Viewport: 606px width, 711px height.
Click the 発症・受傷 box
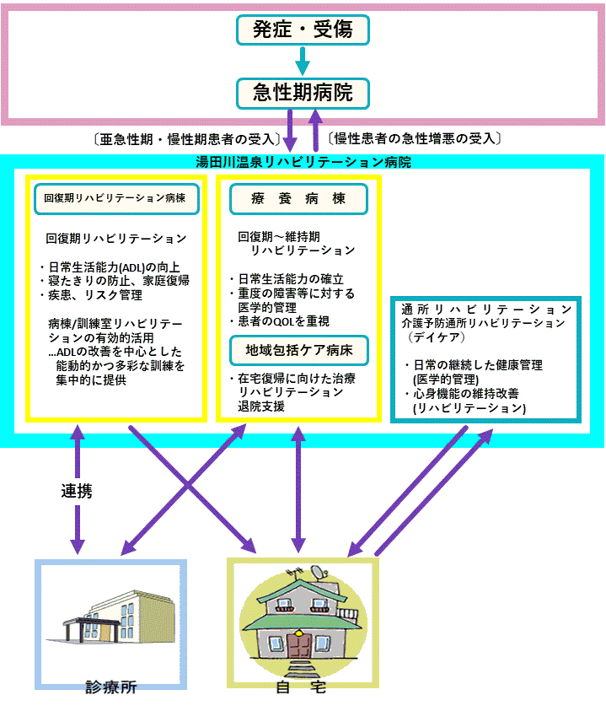(x=303, y=30)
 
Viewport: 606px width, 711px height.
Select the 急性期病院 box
(x=303, y=94)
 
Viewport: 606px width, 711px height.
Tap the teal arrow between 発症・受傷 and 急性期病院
(x=303, y=62)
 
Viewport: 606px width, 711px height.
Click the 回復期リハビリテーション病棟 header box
(x=116, y=198)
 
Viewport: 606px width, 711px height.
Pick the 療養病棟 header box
(x=298, y=199)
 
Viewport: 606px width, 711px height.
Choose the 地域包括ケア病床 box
(x=299, y=351)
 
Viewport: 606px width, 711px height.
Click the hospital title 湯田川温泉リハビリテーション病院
(x=303, y=162)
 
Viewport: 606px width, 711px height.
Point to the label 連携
(x=77, y=491)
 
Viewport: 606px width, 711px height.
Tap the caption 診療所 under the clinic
(x=111, y=687)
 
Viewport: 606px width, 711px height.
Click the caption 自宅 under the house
(x=302, y=687)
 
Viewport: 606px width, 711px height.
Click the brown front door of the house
(x=299, y=646)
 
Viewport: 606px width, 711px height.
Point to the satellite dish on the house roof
(x=321, y=573)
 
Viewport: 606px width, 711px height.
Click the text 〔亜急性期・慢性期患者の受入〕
(x=187, y=139)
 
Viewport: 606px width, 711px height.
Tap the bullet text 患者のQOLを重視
(x=280, y=321)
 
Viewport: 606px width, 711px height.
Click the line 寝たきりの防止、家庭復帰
(x=115, y=281)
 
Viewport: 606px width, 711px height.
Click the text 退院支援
(x=261, y=407)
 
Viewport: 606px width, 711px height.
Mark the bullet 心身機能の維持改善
(x=462, y=394)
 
